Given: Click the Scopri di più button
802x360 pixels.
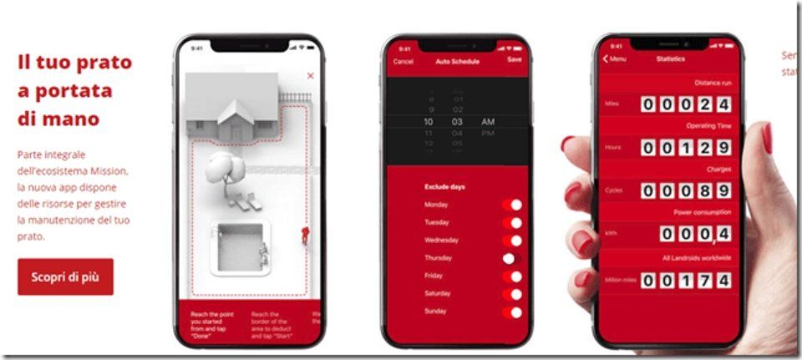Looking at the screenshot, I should point(65,276).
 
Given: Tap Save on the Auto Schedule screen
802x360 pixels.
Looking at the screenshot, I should point(515,61).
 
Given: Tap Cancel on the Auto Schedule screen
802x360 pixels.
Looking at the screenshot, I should point(403,61).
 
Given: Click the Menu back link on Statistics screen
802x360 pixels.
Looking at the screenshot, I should point(614,58).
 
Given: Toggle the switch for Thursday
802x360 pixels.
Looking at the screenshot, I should point(512,259).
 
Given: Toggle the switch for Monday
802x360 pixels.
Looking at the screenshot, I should point(512,205).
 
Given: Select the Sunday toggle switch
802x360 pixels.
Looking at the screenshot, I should point(512,312).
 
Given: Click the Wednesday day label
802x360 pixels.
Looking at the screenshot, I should point(442,241).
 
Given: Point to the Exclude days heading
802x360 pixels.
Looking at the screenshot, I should point(445,186).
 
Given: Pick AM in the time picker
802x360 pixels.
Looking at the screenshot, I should point(488,122).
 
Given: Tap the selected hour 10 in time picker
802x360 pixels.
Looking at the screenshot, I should point(429,122).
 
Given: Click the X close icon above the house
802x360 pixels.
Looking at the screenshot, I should point(311,76).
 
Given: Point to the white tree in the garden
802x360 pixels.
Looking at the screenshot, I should point(223,167).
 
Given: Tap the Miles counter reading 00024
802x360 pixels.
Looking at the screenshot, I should point(686,104).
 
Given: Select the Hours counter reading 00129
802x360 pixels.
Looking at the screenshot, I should point(686,147).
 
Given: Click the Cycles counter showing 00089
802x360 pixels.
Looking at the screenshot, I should point(686,190).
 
